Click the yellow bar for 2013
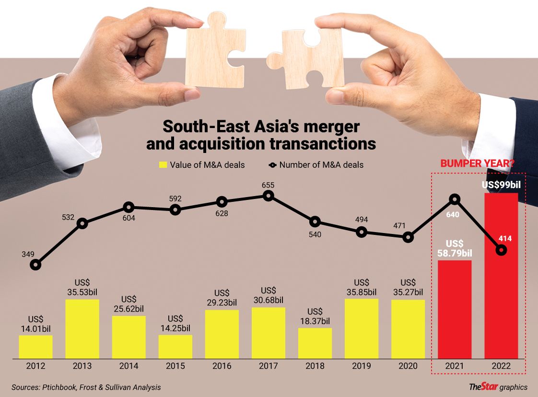tap(82, 329)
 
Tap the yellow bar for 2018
tap(315, 343)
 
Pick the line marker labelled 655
tap(269, 196)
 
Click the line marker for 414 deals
tap(502, 250)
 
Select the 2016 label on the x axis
tap(222, 366)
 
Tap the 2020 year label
tap(408, 366)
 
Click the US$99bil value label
tap(502, 185)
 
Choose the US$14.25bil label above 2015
tap(175, 323)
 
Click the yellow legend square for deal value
tap(163, 165)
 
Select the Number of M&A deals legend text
tap(321, 165)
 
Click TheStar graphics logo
tap(498, 387)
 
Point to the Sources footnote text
tap(86, 387)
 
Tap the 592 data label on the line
tap(175, 198)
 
